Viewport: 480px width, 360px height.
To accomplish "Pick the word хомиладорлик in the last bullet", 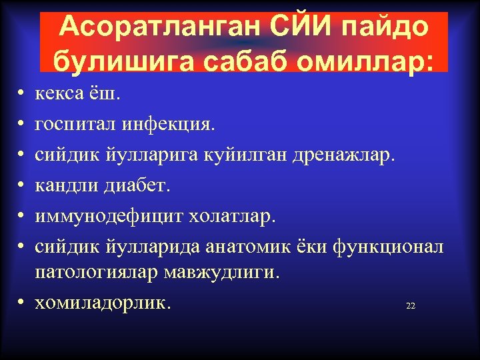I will pos(103,303).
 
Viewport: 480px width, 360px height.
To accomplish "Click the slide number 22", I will pos(410,306).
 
